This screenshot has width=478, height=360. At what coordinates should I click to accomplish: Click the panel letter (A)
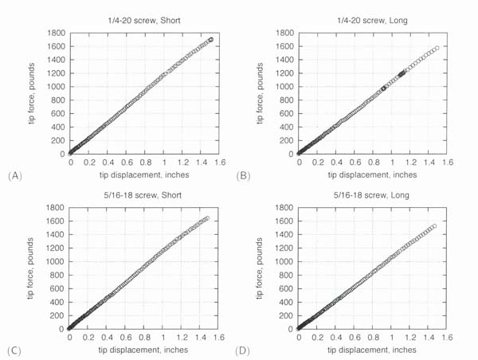14,174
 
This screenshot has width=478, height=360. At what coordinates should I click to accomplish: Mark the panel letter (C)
14,349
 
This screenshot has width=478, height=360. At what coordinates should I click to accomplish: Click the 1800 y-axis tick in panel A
56,33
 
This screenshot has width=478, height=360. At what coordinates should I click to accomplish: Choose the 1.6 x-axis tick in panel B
447,162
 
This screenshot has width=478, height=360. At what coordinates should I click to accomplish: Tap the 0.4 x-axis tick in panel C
107,337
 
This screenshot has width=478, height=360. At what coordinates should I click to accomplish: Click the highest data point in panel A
211,39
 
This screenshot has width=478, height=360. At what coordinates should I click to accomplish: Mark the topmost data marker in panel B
437,48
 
